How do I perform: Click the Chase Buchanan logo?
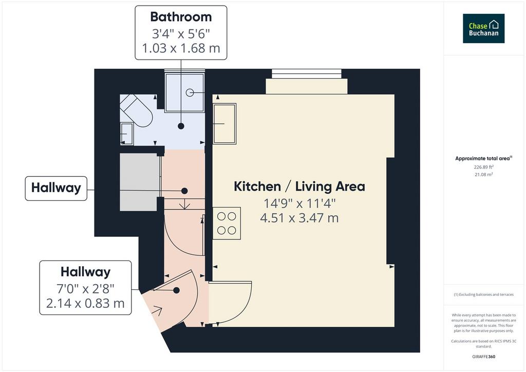(x=483, y=28)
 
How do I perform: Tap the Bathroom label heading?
(x=181, y=17)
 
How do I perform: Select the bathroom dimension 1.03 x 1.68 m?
(x=181, y=48)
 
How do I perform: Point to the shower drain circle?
(x=190, y=92)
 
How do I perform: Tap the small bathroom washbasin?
(x=127, y=134)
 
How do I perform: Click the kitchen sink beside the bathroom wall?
(x=225, y=124)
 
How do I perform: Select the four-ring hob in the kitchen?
(x=227, y=223)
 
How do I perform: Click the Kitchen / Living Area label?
(x=299, y=187)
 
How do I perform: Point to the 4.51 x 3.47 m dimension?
(x=299, y=218)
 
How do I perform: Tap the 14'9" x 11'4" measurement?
(x=299, y=203)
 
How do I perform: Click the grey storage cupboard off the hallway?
(x=140, y=182)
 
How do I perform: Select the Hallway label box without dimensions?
(x=56, y=189)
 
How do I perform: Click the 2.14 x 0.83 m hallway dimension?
(x=85, y=303)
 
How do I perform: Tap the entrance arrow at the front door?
(x=157, y=311)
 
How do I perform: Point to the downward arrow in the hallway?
(x=184, y=204)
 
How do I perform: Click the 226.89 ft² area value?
(x=483, y=166)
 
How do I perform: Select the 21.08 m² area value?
(x=483, y=174)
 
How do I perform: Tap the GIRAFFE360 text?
(x=483, y=357)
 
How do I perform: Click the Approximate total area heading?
(x=483, y=158)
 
